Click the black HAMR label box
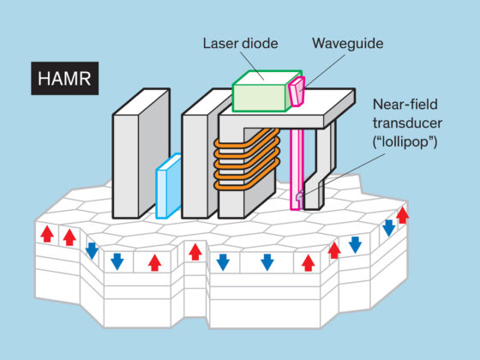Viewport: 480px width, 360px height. tap(64, 78)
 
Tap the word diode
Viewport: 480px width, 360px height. tap(261, 43)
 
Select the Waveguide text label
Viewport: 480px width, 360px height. tap(348, 43)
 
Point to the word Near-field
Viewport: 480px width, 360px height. tap(405, 105)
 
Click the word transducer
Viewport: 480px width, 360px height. tap(407, 123)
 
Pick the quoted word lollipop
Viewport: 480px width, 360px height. tap(405, 141)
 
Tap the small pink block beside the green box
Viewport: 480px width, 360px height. tap(297, 92)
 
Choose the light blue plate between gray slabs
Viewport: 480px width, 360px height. tap(169, 186)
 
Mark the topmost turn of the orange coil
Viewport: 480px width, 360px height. tap(247, 139)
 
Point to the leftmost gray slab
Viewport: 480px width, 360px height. tap(141, 153)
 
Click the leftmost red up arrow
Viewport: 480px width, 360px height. tap(47, 234)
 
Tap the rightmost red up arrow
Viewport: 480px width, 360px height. tap(403, 215)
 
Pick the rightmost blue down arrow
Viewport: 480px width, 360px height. tap(389, 228)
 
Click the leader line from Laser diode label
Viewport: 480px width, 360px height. tap(252, 66)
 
